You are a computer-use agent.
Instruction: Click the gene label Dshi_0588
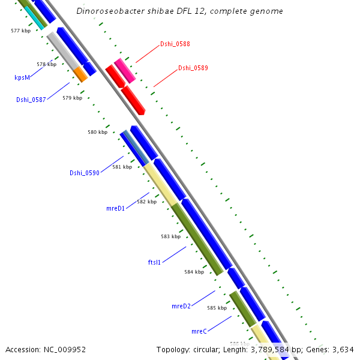pos(175,44)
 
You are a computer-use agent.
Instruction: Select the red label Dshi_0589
pos(193,68)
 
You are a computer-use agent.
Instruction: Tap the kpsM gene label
pos(22,77)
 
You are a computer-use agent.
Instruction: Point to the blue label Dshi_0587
pos(31,100)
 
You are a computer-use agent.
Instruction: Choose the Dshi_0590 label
pos(84,173)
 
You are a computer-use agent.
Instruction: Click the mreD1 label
pos(115,208)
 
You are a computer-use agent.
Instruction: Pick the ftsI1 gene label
pos(154,262)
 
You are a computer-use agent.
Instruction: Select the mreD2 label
pos(181,306)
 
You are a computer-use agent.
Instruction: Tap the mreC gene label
pos(199,331)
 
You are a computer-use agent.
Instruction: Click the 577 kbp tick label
pos(20,30)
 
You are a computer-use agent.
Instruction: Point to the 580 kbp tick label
pos(97,132)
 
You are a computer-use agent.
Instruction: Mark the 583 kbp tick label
pos(170,236)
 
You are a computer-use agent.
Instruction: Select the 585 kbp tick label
pos(217,308)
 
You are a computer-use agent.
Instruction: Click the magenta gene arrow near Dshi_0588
pos(124,70)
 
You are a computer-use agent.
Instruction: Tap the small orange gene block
pos(80,74)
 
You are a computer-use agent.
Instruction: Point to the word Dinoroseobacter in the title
pos(108,11)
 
